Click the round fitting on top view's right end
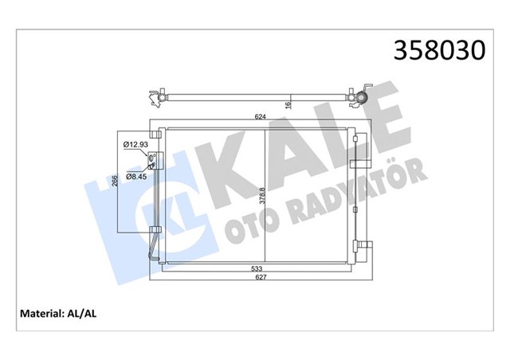pyautogui.click(x=361, y=99)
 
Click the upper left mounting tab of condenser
pyautogui.click(x=153, y=127)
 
